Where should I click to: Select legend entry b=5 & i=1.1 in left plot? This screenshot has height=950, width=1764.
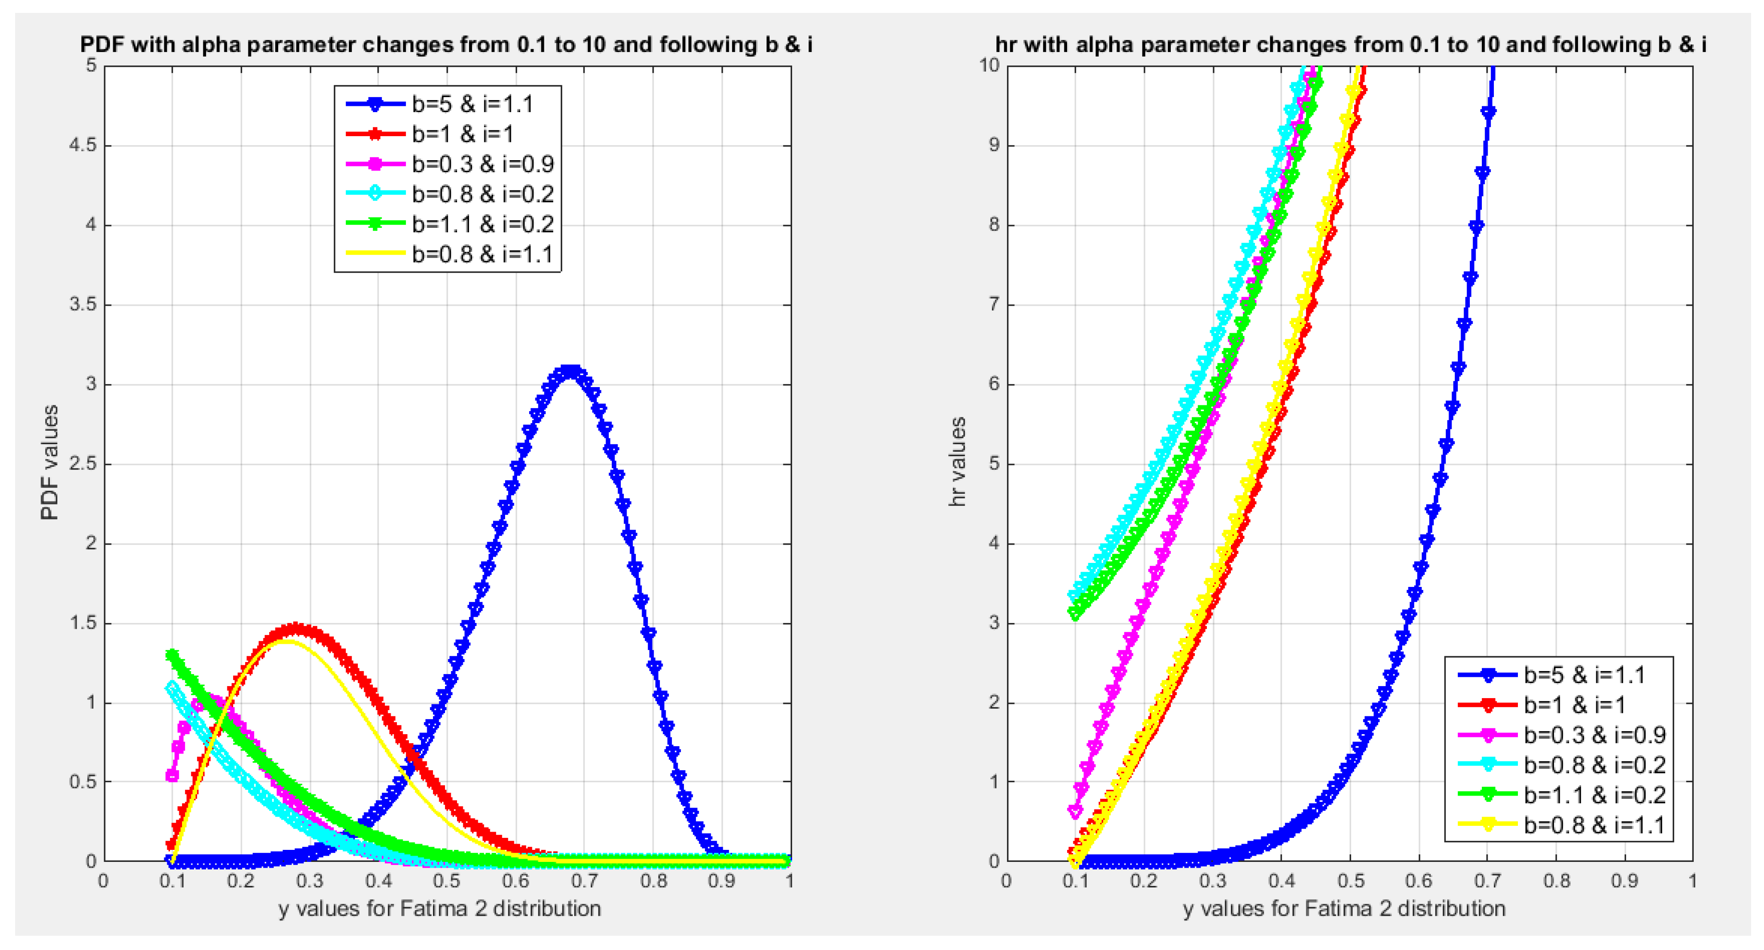[x=472, y=104]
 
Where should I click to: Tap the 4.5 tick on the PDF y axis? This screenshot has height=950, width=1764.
[x=82, y=145]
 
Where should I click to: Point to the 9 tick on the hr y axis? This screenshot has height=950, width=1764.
[x=993, y=145]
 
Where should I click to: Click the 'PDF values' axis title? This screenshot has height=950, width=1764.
[x=49, y=463]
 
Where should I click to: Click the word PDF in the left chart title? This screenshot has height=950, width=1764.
[x=103, y=45]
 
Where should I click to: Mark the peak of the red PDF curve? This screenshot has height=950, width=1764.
[x=295, y=628]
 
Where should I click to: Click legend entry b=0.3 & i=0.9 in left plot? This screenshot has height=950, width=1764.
[x=482, y=164]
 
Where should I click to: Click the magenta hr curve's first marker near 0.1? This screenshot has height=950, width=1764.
[x=1076, y=812]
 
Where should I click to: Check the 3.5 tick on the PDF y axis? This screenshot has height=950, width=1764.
[x=82, y=305]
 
